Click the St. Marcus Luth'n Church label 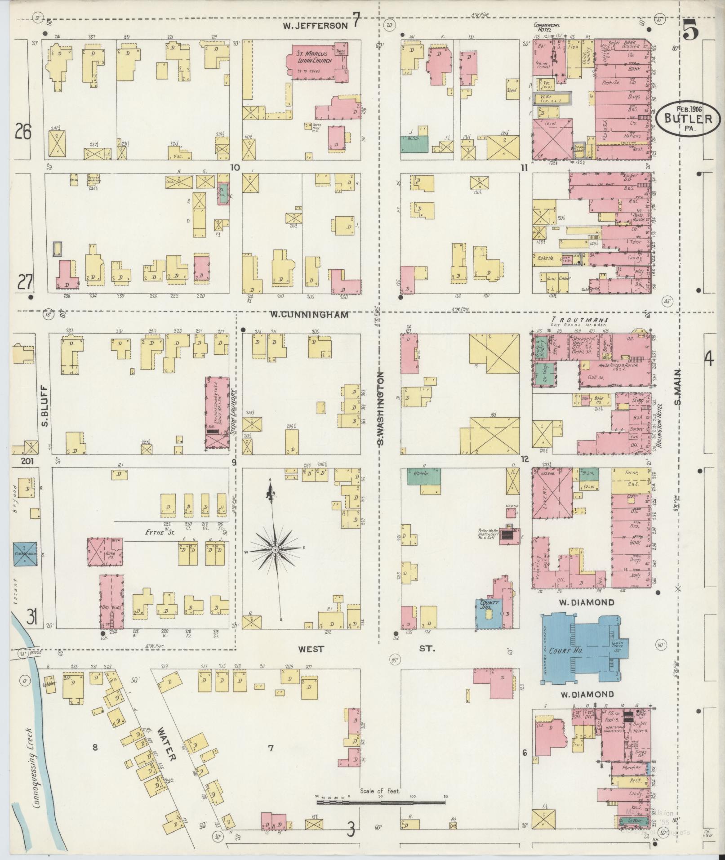[x=314, y=57]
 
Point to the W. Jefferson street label [x=315, y=26]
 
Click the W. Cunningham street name [x=309, y=315]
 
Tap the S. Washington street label [x=381, y=408]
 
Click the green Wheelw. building [x=424, y=476]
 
